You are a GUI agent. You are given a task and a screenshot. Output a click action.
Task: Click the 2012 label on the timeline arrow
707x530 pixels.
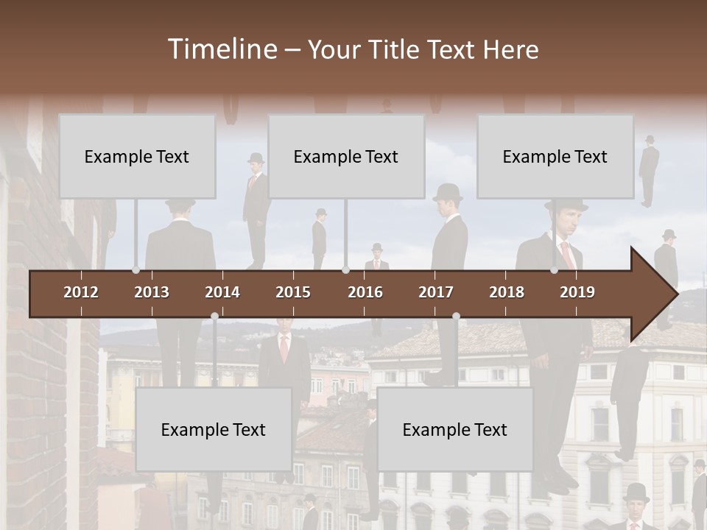pos(81,292)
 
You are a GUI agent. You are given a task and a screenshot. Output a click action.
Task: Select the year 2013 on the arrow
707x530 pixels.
pos(152,292)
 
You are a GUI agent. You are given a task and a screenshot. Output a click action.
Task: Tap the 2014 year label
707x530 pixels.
pos(222,292)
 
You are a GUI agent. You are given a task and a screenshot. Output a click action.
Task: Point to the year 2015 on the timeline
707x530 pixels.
pos(293,292)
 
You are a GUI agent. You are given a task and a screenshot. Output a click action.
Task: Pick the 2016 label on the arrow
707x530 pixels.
pos(365,292)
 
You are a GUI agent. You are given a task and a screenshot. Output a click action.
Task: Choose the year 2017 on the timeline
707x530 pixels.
pos(436,292)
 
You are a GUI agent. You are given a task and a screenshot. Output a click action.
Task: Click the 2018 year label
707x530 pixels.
pos(507,292)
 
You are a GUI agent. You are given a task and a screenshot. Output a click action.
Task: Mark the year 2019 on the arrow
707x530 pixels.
pos(577,292)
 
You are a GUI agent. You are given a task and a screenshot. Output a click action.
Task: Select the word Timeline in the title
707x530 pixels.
pos(222,49)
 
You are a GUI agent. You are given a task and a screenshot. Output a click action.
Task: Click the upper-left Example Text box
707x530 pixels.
pos(137,156)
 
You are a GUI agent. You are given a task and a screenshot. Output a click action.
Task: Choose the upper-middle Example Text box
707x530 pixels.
pos(346,156)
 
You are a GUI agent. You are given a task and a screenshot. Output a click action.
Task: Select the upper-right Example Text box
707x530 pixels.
pos(555,156)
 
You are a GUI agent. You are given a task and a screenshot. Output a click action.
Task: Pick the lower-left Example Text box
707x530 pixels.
pos(214,429)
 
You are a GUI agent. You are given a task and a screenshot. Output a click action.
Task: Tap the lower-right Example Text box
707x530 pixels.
pos(455,429)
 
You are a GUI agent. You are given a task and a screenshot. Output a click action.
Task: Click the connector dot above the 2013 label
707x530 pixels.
pos(136,270)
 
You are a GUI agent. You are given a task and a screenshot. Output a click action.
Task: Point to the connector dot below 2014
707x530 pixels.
pos(214,317)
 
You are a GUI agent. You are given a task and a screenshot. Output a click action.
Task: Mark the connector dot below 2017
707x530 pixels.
pos(456,317)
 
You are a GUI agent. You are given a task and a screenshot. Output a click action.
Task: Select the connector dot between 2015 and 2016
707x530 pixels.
pos(345,270)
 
